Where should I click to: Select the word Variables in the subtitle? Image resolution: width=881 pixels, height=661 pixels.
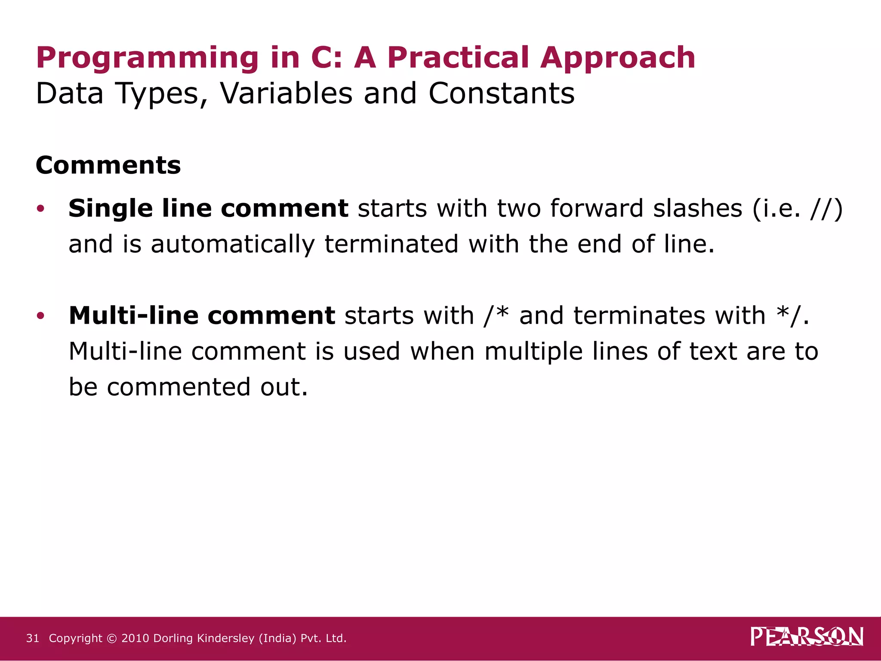286,93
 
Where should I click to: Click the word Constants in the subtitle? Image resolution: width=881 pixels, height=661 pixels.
501,93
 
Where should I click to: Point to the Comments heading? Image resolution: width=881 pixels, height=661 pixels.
108,165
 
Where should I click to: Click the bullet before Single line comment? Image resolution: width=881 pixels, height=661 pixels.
40,209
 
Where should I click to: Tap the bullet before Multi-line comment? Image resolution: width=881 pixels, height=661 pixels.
40,316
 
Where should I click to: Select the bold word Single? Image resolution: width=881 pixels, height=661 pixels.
111,209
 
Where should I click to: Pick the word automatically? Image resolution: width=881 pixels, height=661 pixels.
233,244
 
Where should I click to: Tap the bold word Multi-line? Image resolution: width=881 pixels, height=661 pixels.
133,316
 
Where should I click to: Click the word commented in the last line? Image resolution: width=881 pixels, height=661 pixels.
179,387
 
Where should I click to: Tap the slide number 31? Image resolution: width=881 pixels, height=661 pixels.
33,638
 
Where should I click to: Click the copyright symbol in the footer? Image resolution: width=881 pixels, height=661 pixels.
111,638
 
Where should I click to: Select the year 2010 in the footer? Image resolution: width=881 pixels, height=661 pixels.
135,638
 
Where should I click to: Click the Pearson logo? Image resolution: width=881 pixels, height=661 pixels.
807,637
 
